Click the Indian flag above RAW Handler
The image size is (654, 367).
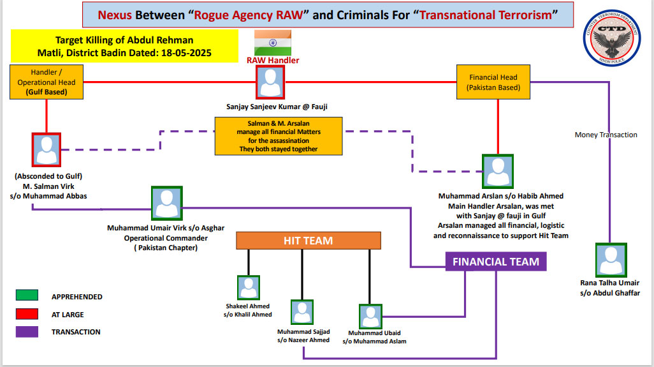[x=273, y=43]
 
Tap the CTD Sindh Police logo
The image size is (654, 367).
[x=611, y=38]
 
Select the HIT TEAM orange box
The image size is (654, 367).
[x=309, y=241]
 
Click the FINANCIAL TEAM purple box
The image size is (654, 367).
[x=496, y=261]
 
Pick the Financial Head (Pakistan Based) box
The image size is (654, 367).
[x=493, y=82]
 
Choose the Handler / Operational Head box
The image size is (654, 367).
[x=47, y=82]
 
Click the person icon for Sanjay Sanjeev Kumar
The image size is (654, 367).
[x=270, y=82]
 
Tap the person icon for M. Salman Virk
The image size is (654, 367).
[x=47, y=149]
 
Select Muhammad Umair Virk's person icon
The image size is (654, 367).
[x=167, y=204]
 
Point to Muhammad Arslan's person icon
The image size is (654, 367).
[x=498, y=171]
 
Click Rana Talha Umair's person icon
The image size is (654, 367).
[x=611, y=260]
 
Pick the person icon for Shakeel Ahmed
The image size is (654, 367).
[x=249, y=288]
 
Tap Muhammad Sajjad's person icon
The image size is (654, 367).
[x=302, y=312]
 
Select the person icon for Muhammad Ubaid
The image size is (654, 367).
[x=370, y=317]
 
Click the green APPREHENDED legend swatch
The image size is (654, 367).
[x=27, y=295]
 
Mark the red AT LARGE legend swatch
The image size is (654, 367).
[x=27, y=314]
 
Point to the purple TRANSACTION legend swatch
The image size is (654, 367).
[x=27, y=331]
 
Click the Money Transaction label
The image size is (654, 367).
[x=606, y=135]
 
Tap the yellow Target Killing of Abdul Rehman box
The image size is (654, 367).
[x=124, y=46]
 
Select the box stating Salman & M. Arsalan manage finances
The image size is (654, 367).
[x=279, y=136]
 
